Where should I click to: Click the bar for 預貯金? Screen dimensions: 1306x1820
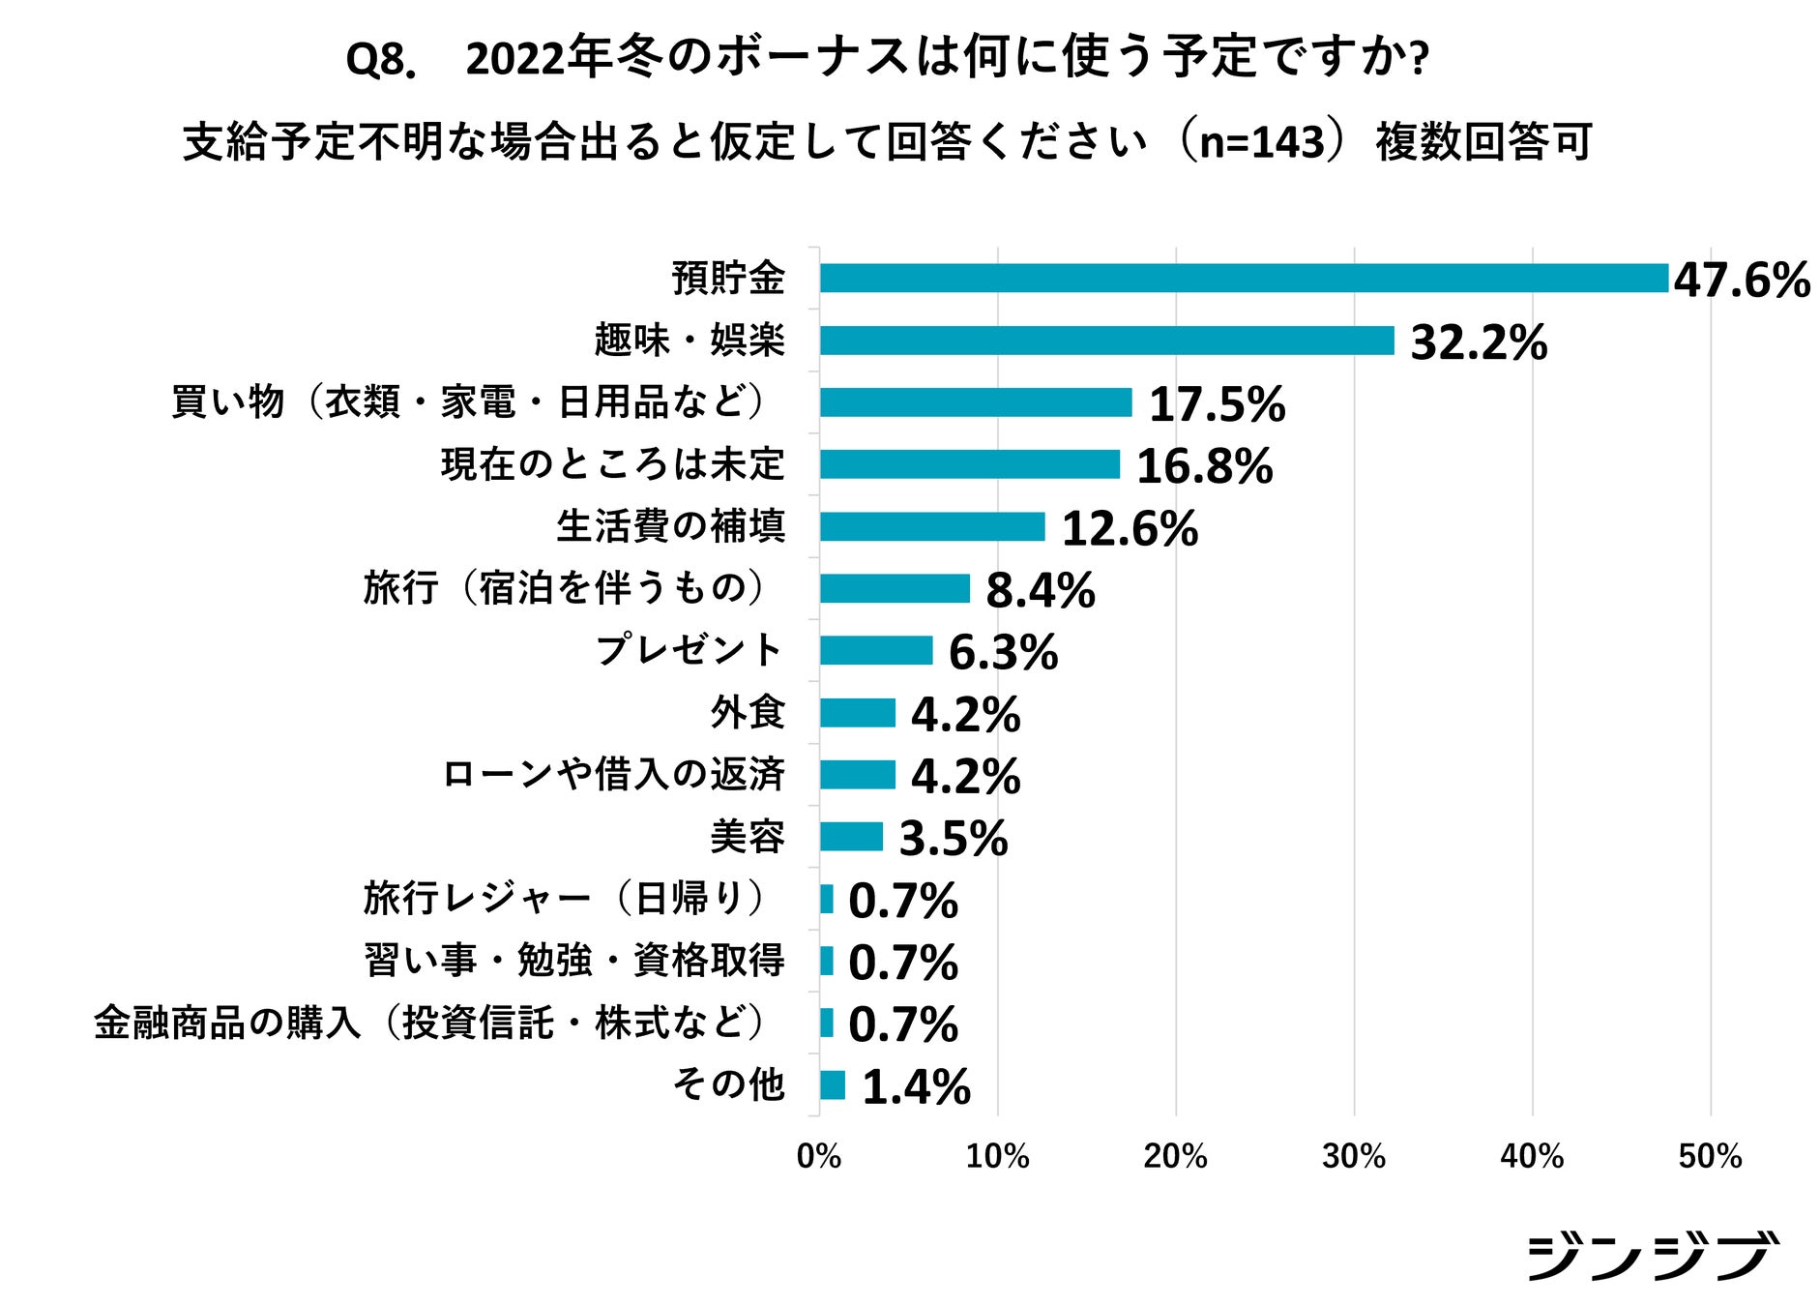pos(1244,279)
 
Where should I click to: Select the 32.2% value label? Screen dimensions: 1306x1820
pos(1478,342)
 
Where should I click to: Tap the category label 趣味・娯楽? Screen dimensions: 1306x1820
pos(690,341)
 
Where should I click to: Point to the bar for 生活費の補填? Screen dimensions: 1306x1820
pos(932,526)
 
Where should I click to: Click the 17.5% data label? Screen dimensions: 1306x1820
pos(1217,404)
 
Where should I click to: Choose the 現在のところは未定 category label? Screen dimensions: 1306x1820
pos(612,464)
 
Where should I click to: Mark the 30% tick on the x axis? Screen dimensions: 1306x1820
pos(1354,1156)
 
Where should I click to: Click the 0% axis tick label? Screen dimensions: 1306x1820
pos(818,1156)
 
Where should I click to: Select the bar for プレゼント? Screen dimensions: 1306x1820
pos(876,650)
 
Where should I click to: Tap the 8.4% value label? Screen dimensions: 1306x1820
pos(1040,590)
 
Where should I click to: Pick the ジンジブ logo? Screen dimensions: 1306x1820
pos(1652,1256)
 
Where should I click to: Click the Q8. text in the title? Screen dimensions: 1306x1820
pos(380,60)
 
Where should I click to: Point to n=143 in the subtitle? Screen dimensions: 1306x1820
pos(1261,142)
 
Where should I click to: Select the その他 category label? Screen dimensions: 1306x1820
pos(728,1083)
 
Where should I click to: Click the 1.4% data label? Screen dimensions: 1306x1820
pos(915,1087)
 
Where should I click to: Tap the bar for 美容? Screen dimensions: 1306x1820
pos(851,837)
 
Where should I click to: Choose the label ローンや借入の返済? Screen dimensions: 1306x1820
pos(612,775)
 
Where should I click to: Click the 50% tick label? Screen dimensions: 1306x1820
pos(1710,1156)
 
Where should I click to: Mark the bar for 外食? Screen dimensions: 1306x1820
pos(857,713)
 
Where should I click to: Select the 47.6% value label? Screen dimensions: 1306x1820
pos(1741,281)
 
